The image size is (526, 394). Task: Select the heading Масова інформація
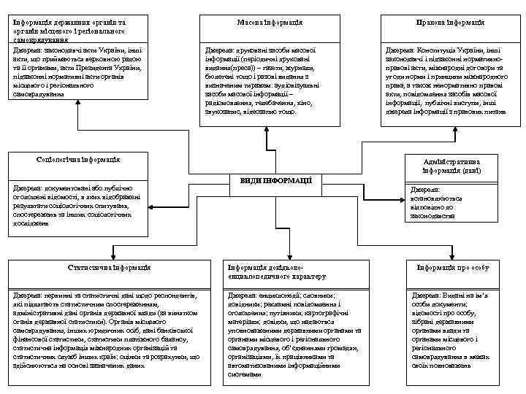pos(264,23)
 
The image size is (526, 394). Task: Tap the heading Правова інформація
pos(445,23)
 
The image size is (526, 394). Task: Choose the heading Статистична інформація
pos(110,268)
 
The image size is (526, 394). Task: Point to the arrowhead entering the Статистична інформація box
pos(112,255)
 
